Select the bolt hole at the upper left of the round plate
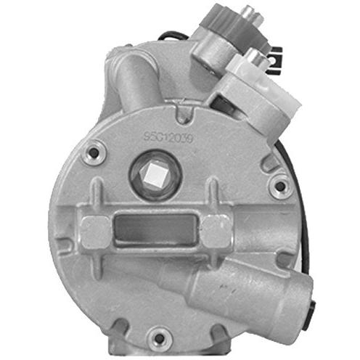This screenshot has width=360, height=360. [94, 155]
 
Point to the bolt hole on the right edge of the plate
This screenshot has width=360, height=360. [279, 186]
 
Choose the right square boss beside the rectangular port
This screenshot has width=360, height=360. [216, 231]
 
